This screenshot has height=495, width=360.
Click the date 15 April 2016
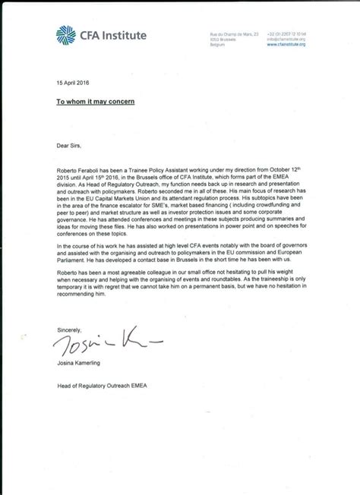click(x=71, y=81)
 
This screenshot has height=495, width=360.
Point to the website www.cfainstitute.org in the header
click(x=286, y=45)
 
